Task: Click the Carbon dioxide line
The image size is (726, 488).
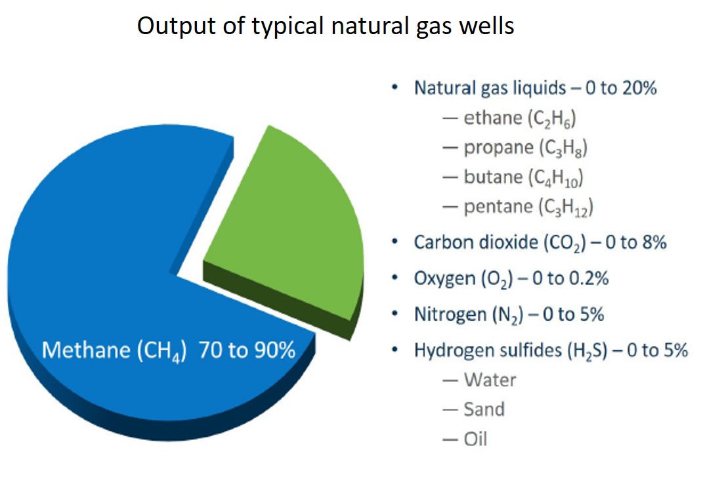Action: point(540,242)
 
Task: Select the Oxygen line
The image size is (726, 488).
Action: point(511,278)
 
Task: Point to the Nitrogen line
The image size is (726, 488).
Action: point(509,315)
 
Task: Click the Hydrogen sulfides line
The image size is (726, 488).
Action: point(550,350)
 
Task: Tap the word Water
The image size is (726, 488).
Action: point(490,380)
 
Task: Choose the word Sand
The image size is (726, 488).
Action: point(484,409)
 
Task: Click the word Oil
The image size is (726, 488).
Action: point(475,439)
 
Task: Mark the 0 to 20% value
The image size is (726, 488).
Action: point(621,88)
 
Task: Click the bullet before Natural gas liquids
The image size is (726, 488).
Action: point(394,87)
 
